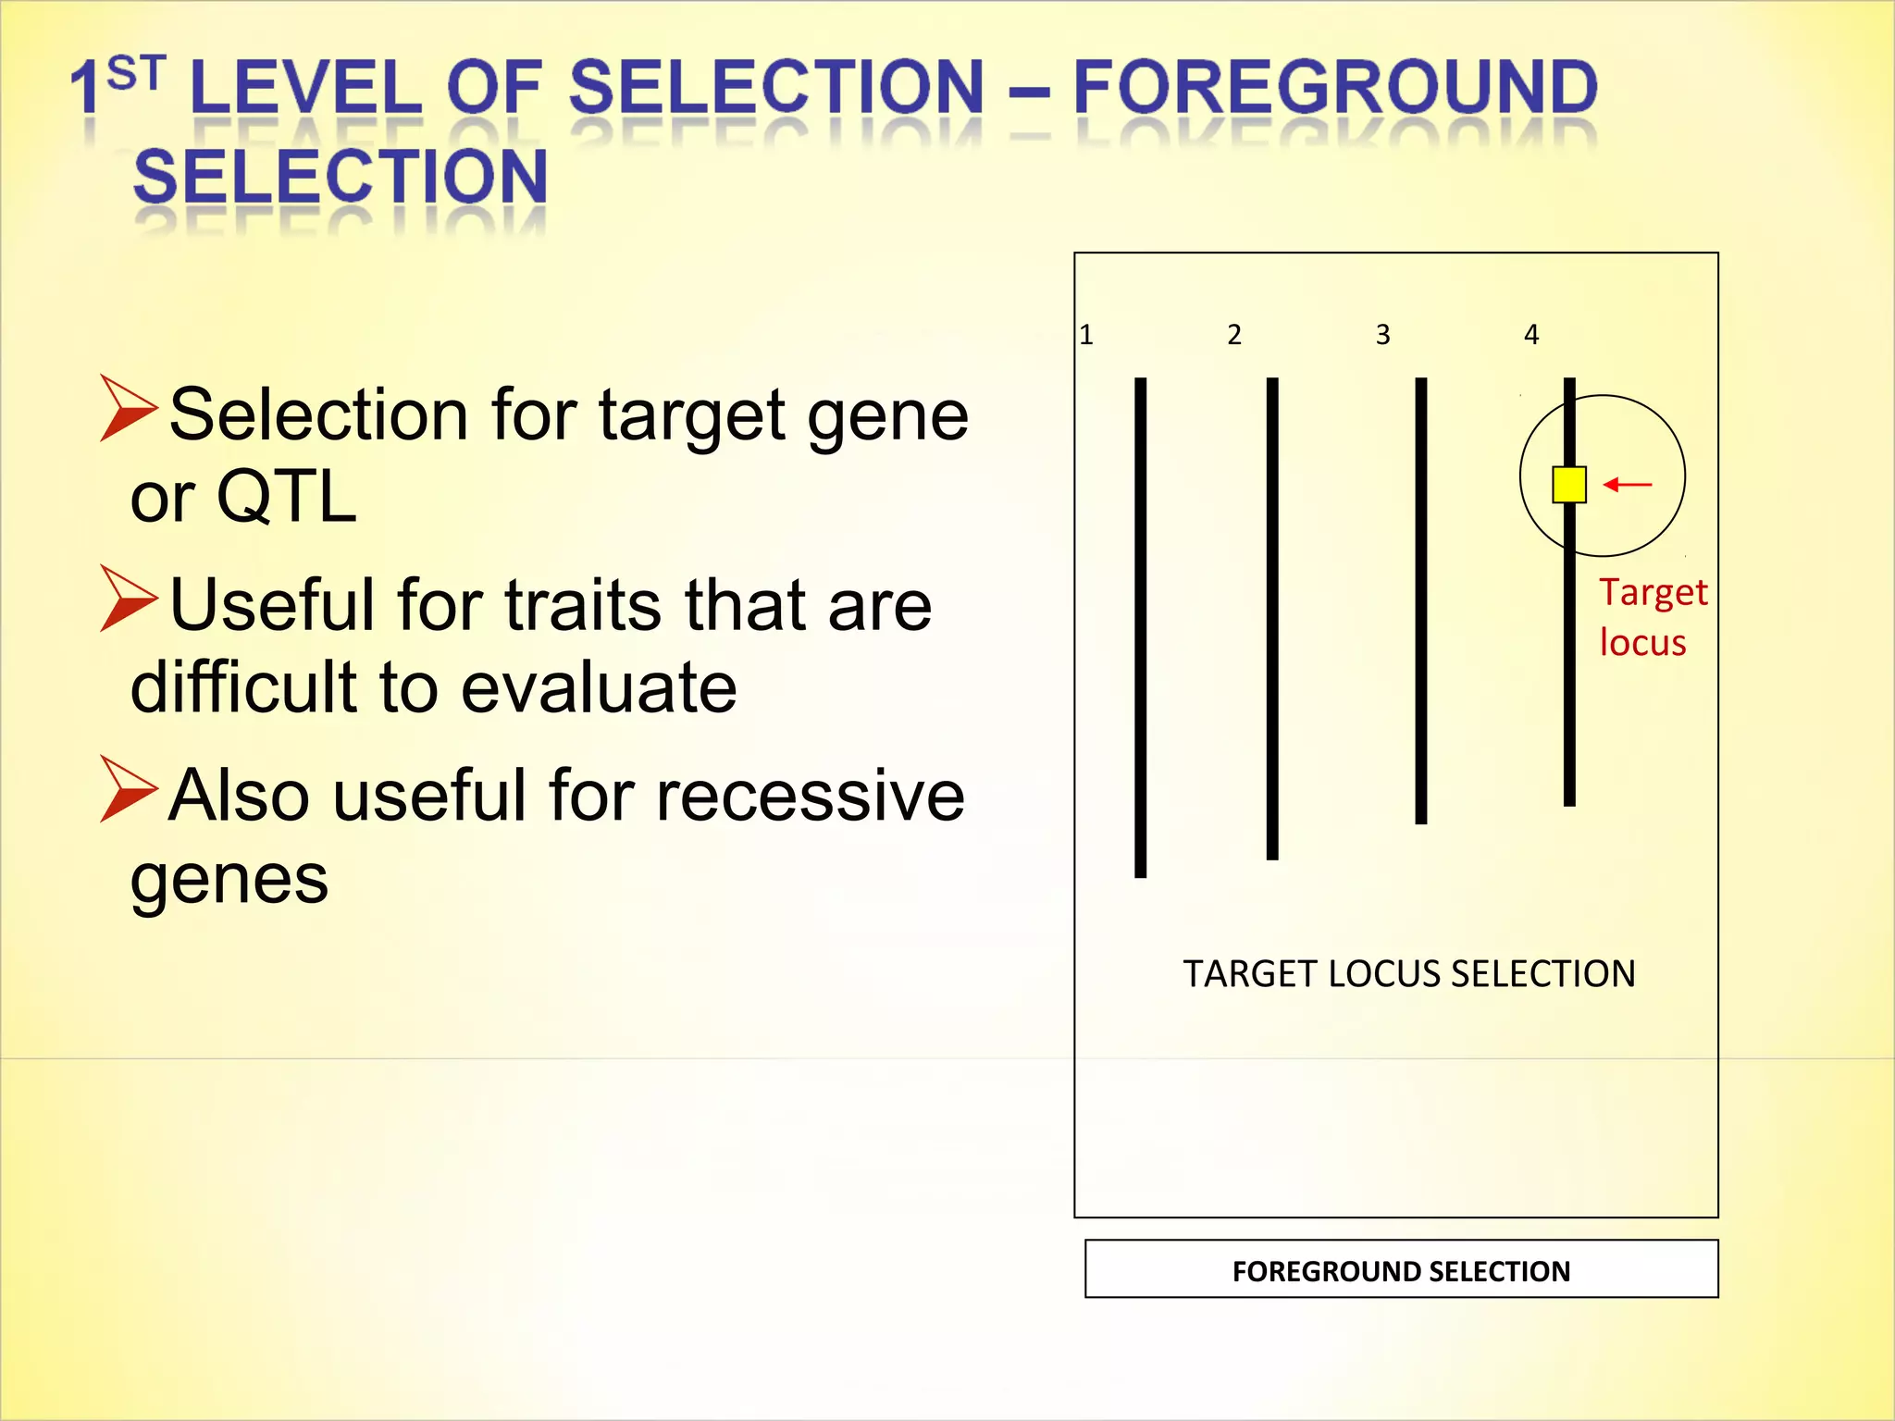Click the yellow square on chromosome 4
(x=1569, y=485)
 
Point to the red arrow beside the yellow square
(x=1628, y=484)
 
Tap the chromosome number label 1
(x=1086, y=335)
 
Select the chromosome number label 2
(x=1234, y=335)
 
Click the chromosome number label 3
(x=1382, y=335)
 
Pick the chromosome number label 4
(x=1531, y=335)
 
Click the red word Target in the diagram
(x=1653, y=593)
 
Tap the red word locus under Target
(x=1642, y=643)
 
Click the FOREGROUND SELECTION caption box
(x=1401, y=1270)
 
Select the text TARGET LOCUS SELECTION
(x=1408, y=974)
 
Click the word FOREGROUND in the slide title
(x=1334, y=88)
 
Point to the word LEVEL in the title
(x=305, y=88)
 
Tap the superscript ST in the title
(x=136, y=73)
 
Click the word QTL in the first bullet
(x=286, y=498)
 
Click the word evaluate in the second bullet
(x=599, y=688)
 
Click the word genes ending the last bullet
(x=229, y=880)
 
